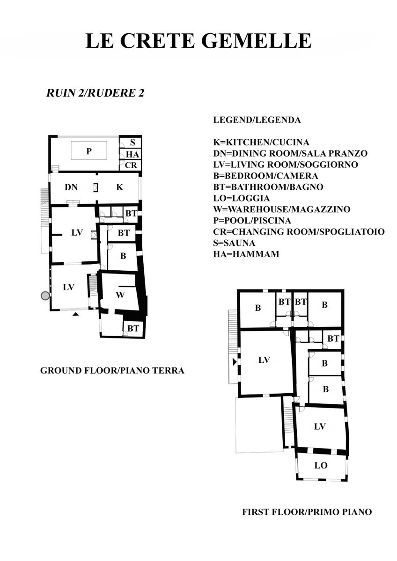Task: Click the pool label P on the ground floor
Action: (89, 151)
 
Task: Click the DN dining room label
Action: (71, 187)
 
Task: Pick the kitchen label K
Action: (120, 187)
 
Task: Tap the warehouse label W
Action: (120, 295)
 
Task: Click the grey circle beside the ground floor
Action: (45, 296)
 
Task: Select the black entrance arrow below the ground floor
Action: (75, 314)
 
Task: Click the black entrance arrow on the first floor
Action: (235, 362)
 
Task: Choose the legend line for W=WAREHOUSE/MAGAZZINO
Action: (282, 209)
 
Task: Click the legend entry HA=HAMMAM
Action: (246, 254)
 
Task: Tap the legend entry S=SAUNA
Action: (234, 243)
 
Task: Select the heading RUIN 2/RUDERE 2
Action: (96, 93)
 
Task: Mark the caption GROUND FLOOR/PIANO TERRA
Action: (112, 370)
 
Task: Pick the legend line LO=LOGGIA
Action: (242, 198)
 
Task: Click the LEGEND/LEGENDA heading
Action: (257, 120)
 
